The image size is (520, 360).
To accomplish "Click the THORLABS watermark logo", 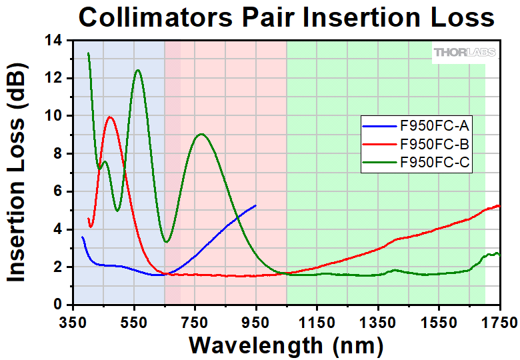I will click(x=465, y=53).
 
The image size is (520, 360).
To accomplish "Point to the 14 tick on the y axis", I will click(x=55, y=41).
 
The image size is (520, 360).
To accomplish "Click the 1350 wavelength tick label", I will click(x=378, y=323).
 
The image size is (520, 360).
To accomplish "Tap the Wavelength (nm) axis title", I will click(x=286, y=345).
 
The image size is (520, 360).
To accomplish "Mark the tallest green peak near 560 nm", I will click(x=137, y=70).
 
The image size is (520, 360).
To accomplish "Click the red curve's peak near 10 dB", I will click(x=110, y=117).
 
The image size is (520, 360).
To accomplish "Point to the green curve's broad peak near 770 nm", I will click(x=201, y=134).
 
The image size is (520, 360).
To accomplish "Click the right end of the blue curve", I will click(x=255, y=205).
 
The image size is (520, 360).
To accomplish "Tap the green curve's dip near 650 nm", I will click(x=167, y=241).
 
